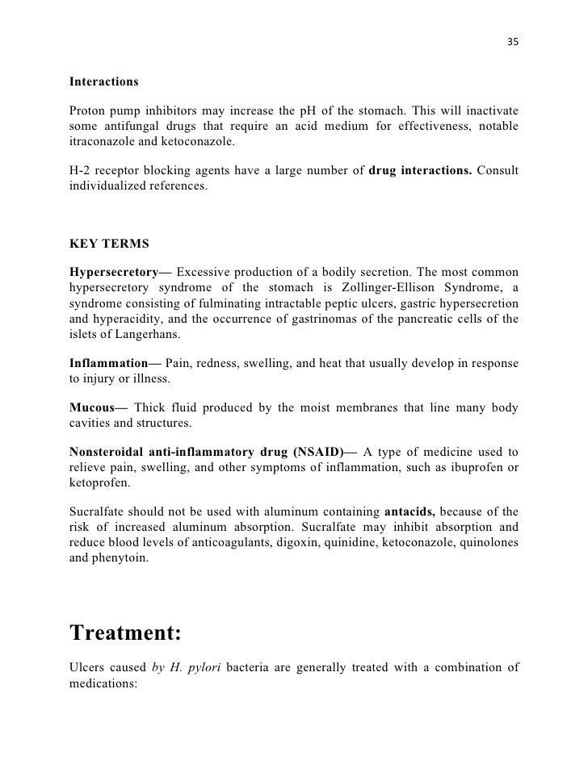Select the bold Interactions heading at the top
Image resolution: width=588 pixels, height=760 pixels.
(104, 83)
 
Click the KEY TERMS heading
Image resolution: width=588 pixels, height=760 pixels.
(106, 241)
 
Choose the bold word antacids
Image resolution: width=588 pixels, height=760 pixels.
(411, 511)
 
